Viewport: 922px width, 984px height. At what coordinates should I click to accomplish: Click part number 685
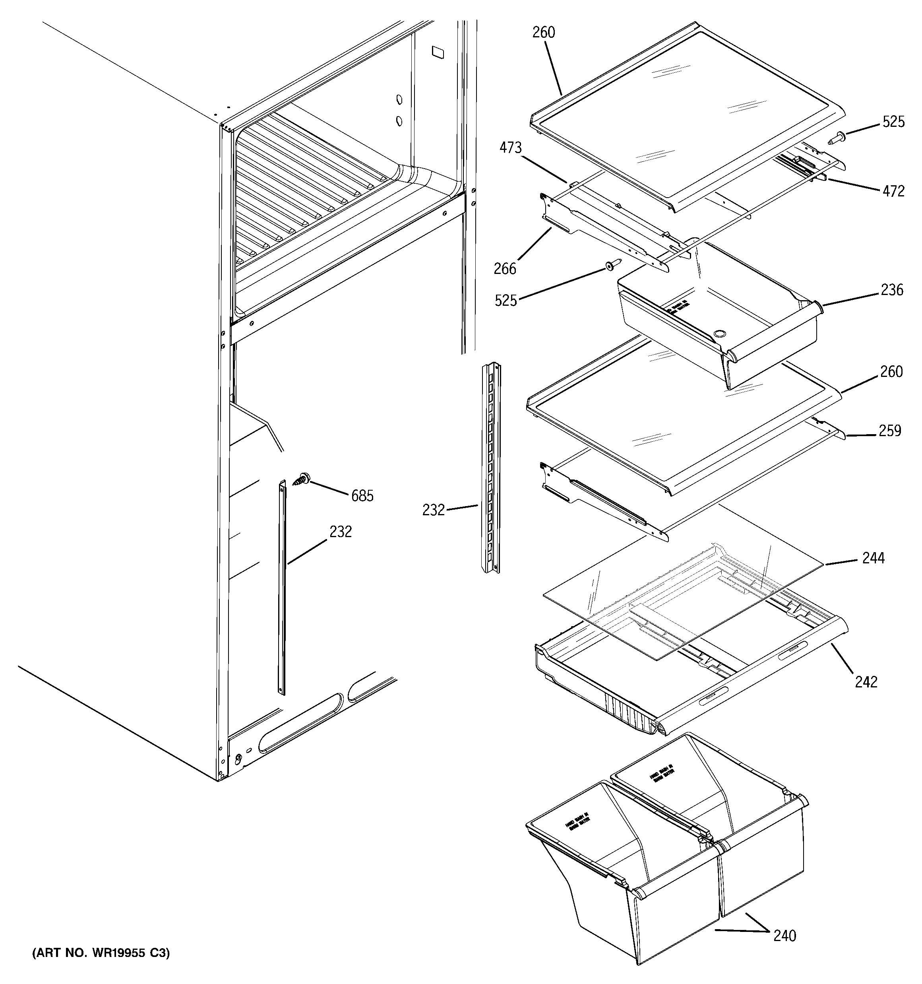(x=362, y=495)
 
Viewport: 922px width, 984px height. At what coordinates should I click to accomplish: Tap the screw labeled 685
(x=301, y=479)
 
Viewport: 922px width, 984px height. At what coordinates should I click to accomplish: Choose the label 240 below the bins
(x=785, y=935)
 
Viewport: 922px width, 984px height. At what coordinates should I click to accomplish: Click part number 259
(x=890, y=431)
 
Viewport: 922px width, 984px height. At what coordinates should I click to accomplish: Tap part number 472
(x=893, y=191)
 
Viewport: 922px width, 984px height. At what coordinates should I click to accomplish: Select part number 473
(x=510, y=148)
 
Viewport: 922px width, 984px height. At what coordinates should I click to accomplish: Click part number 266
(x=505, y=269)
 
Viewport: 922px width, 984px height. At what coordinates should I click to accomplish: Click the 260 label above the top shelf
(x=543, y=32)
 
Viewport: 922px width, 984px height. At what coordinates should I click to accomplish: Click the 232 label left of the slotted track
(x=434, y=510)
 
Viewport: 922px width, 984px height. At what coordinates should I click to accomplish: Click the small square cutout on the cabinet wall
(x=438, y=52)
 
